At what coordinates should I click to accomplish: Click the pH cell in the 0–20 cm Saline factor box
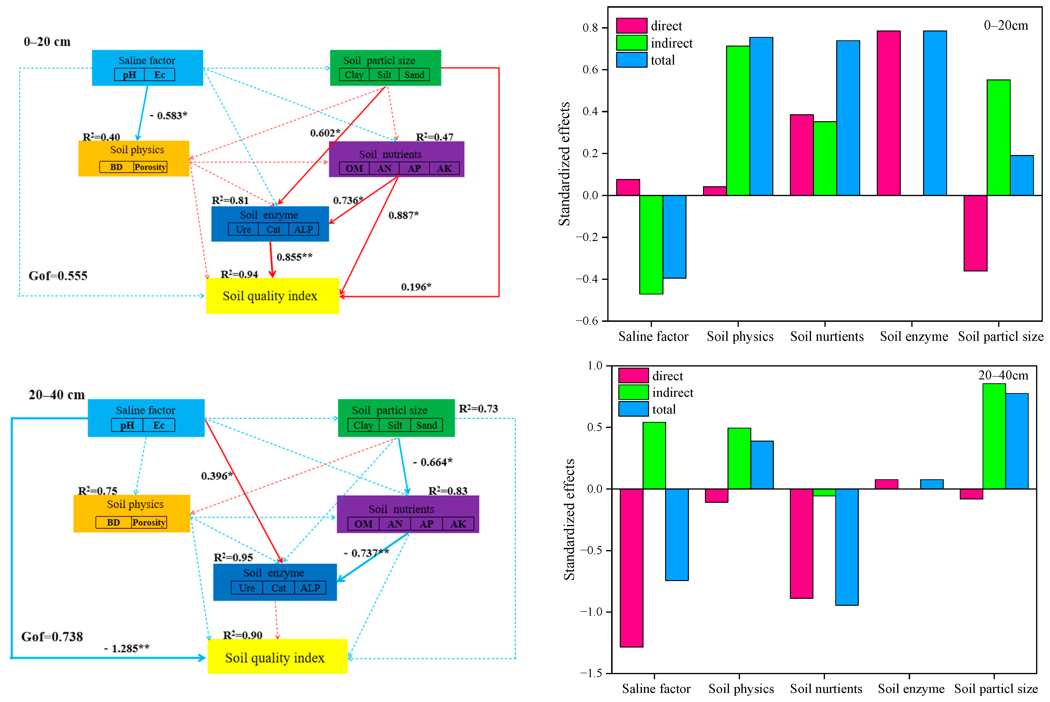[x=129, y=75]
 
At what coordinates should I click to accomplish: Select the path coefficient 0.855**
[x=294, y=257]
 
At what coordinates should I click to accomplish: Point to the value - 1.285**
[x=127, y=648]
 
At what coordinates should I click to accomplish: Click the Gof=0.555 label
[x=58, y=276]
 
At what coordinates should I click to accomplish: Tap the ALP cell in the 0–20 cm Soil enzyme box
[x=304, y=229]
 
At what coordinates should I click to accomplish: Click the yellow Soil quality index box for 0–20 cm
[x=272, y=296]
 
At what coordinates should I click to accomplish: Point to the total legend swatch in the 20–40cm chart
[x=633, y=409]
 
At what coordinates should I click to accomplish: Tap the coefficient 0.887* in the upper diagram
[x=403, y=215]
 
